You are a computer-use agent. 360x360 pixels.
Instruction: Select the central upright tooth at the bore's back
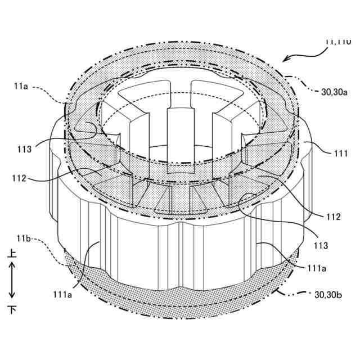tap(176, 135)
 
